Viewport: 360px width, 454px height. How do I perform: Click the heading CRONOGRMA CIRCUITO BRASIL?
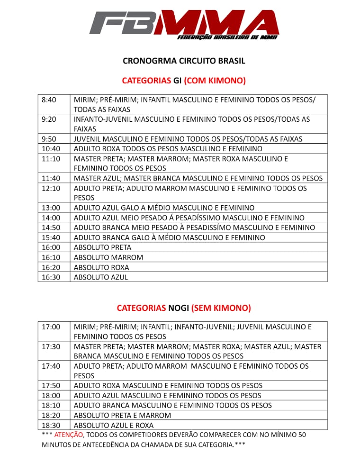coord(184,61)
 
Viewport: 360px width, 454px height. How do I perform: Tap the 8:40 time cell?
coord(49,100)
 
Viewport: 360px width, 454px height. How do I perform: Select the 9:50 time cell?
coord(49,139)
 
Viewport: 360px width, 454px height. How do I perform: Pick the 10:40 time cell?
coord(51,149)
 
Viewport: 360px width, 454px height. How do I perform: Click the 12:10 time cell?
coord(51,188)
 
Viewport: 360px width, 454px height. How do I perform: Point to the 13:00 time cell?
coord(51,208)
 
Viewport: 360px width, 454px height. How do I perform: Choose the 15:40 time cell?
coord(51,237)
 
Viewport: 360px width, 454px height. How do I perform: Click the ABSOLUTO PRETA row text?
coord(103,247)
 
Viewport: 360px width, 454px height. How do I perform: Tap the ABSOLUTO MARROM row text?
coord(108,257)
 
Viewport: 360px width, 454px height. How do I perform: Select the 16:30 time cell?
coord(51,277)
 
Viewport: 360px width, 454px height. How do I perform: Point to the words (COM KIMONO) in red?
coord(215,81)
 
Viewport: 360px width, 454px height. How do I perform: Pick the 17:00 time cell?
coord(51,327)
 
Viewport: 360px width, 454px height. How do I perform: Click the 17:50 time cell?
coord(51,386)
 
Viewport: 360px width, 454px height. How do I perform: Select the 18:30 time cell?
coord(51,425)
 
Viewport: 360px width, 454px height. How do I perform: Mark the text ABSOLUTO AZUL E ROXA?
coord(114,425)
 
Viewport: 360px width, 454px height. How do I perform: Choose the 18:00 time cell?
coord(51,395)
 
